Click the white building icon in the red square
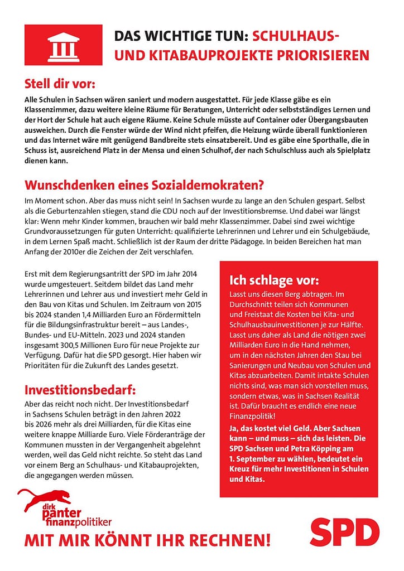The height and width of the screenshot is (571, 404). [63, 45]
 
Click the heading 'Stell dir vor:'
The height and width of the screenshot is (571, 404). [60, 84]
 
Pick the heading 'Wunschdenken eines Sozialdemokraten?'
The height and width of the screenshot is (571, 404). [144, 185]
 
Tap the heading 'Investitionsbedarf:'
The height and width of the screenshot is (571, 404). [80, 389]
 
